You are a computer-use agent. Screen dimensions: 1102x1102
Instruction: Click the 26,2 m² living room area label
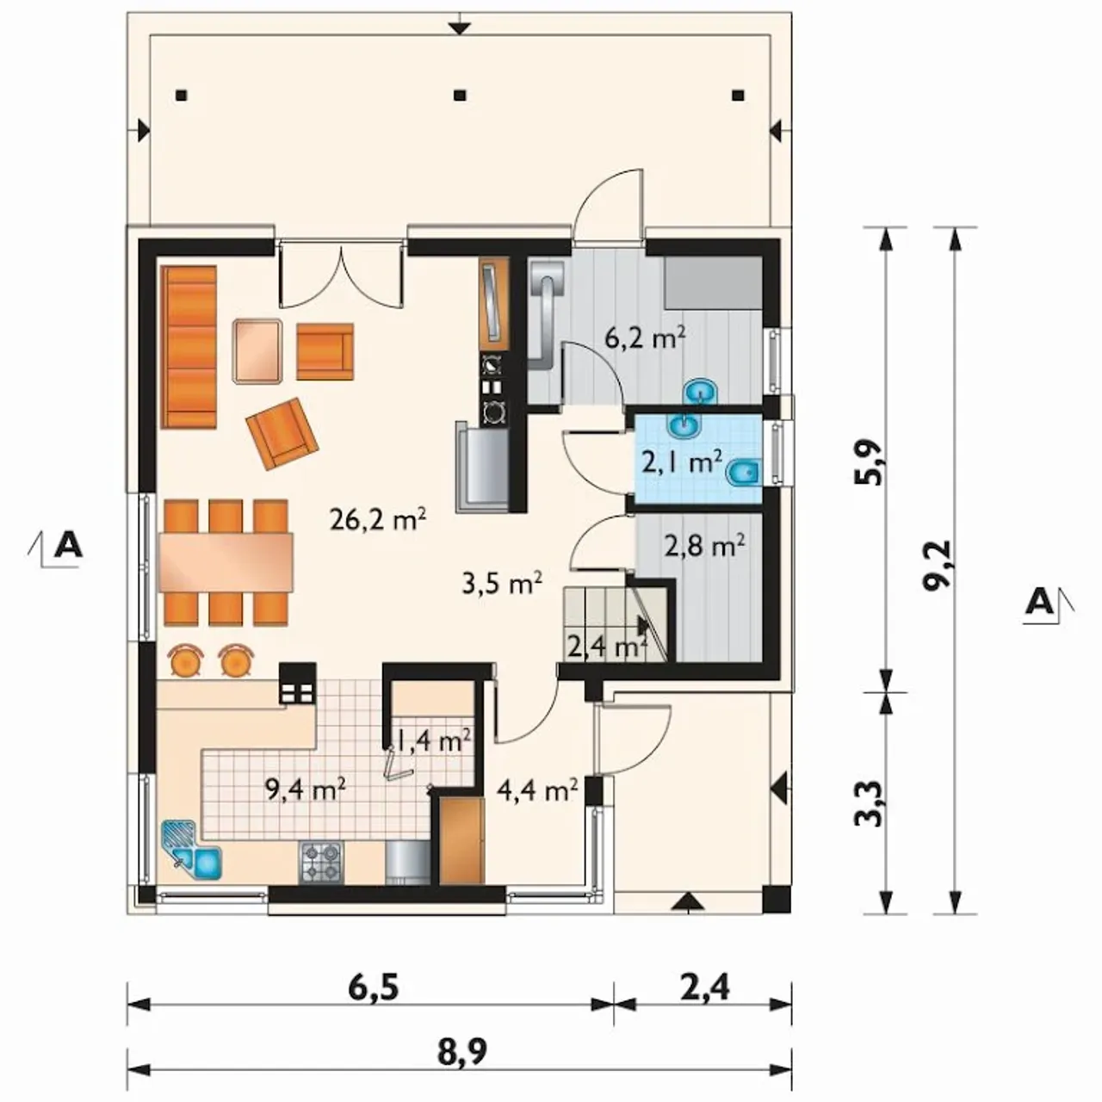(378, 520)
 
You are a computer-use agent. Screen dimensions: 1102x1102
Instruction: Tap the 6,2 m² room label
(646, 339)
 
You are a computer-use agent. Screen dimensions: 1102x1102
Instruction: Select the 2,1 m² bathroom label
(682, 462)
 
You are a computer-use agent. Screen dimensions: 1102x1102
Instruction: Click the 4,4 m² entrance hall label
(537, 791)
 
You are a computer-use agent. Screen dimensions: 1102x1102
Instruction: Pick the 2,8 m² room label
(704, 546)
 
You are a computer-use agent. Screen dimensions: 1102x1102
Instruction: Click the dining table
(226, 562)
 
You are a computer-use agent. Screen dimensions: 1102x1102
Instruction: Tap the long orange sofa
(189, 347)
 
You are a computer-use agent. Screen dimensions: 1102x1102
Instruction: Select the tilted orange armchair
(282, 433)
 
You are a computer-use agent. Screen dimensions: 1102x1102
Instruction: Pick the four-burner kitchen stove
(321, 861)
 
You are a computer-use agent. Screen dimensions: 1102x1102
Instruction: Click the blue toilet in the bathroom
(743, 473)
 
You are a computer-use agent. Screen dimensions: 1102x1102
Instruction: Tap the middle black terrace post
(459, 96)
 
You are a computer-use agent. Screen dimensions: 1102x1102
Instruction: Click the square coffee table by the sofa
(257, 350)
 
